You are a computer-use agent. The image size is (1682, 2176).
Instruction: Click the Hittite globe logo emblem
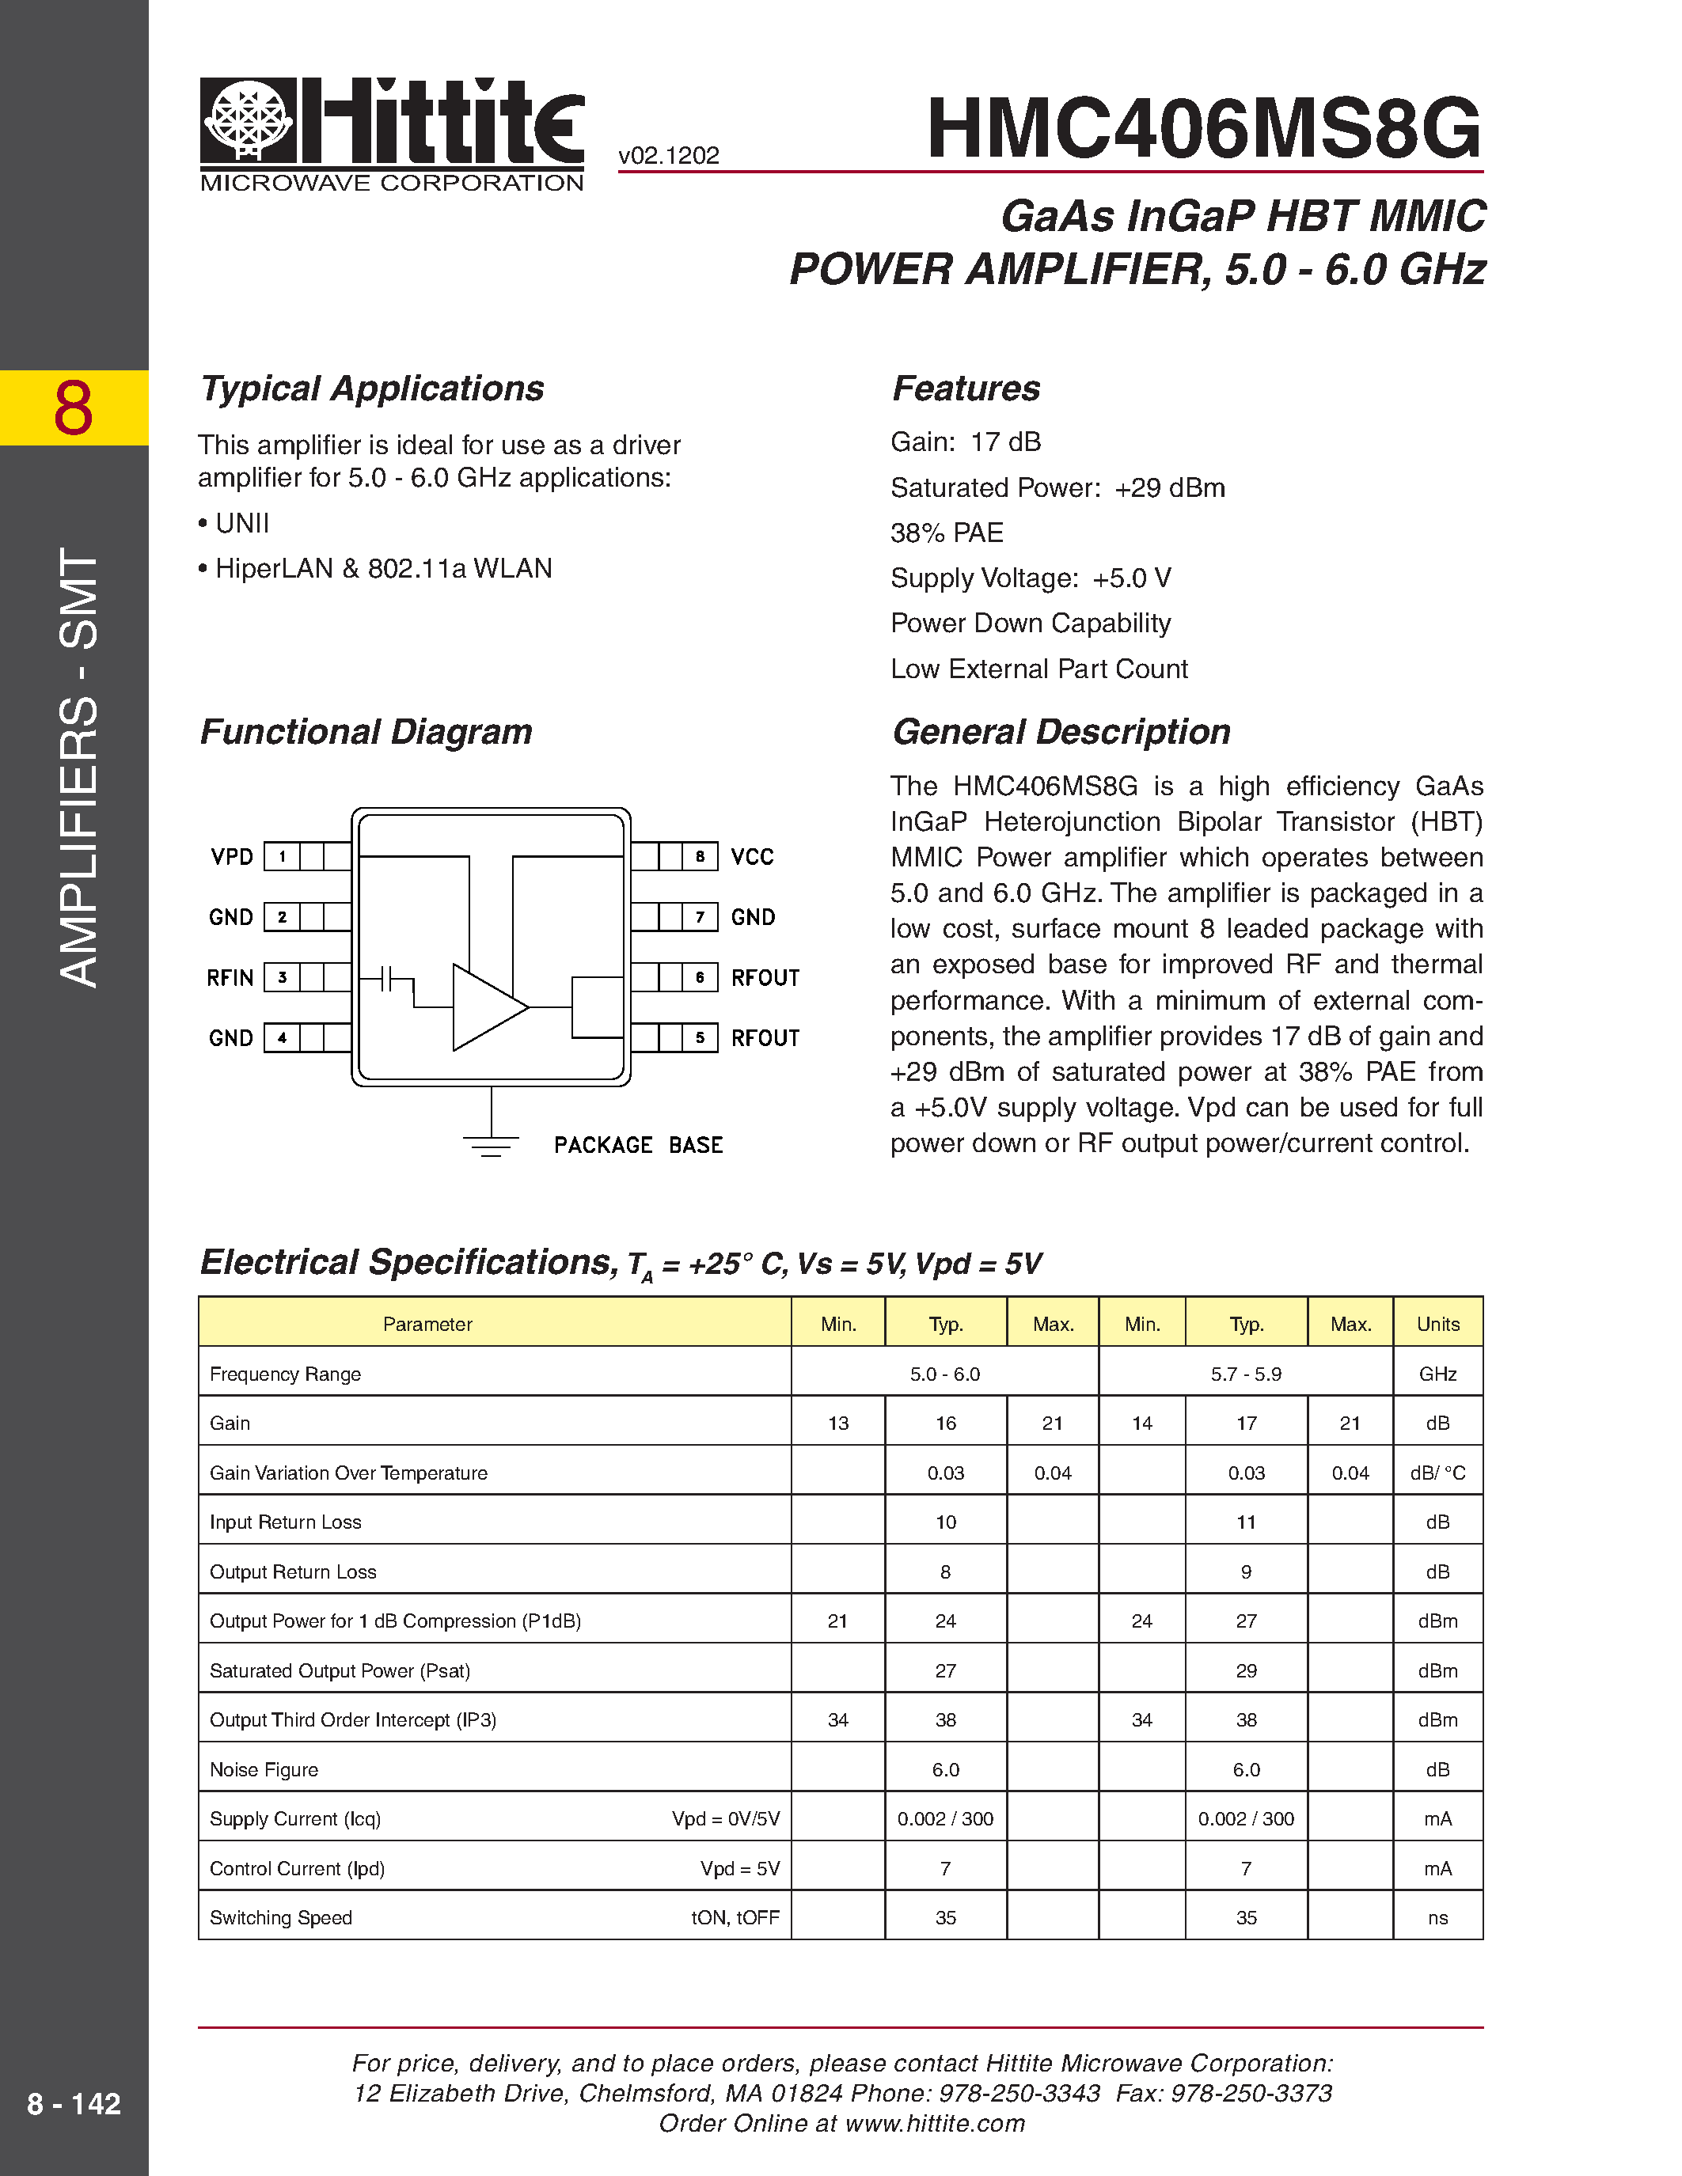[x=248, y=120]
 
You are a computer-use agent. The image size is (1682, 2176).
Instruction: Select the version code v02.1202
[x=669, y=155]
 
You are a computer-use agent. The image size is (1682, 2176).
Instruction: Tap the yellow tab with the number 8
[x=74, y=408]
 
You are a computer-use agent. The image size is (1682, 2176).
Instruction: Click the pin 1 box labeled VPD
[x=282, y=856]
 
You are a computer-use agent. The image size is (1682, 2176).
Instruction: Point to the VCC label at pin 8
[x=752, y=857]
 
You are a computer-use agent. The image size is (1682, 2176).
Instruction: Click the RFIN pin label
[x=230, y=977]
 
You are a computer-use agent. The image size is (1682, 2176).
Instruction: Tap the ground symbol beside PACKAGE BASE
[x=490, y=1145]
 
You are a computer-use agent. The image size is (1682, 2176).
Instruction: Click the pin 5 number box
[x=701, y=1037]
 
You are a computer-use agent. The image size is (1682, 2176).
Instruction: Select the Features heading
[x=966, y=389]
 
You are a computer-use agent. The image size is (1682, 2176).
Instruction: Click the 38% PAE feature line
[x=947, y=533]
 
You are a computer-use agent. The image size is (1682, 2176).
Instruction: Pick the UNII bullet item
[x=241, y=523]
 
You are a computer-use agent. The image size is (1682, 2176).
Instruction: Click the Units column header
[x=1437, y=1324]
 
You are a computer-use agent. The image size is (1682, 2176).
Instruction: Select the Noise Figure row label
[x=264, y=1769]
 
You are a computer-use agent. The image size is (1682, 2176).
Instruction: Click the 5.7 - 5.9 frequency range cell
[x=1246, y=1374]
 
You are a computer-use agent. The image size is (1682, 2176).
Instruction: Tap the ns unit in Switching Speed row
[x=1437, y=1918]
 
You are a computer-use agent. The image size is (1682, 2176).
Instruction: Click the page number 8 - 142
[x=74, y=2104]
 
